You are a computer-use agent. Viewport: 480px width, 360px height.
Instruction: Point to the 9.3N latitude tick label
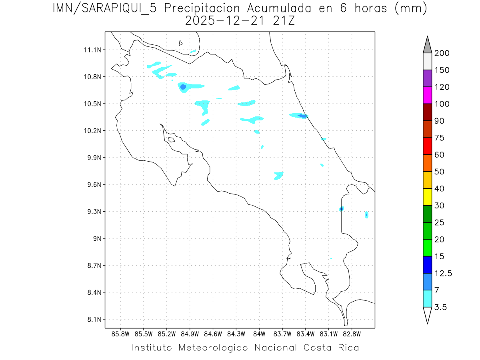[92, 212]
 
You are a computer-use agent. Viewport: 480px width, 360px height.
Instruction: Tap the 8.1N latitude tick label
[92, 320]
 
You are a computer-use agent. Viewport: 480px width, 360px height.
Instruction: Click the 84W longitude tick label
[259, 334]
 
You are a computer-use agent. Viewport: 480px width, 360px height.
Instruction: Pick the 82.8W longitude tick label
[352, 334]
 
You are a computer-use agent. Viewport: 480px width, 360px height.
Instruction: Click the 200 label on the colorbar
[442, 53]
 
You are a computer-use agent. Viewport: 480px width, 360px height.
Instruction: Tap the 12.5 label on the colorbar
[443, 274]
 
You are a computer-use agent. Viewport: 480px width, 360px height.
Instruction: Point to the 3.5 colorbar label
[441, 307]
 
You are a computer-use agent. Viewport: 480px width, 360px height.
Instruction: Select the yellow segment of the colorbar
[427, 197]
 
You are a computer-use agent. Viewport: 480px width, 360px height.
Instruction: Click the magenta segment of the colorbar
[427, 95]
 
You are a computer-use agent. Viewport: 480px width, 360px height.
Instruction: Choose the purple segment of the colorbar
[427, 78]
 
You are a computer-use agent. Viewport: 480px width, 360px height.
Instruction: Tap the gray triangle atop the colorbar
[427, 45]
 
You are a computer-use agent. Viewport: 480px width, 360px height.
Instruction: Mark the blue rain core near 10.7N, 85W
[183, 87]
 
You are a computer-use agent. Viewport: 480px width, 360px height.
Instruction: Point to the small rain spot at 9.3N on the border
[341, 209]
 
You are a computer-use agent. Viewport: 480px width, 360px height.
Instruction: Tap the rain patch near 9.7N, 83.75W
[278, 175]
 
